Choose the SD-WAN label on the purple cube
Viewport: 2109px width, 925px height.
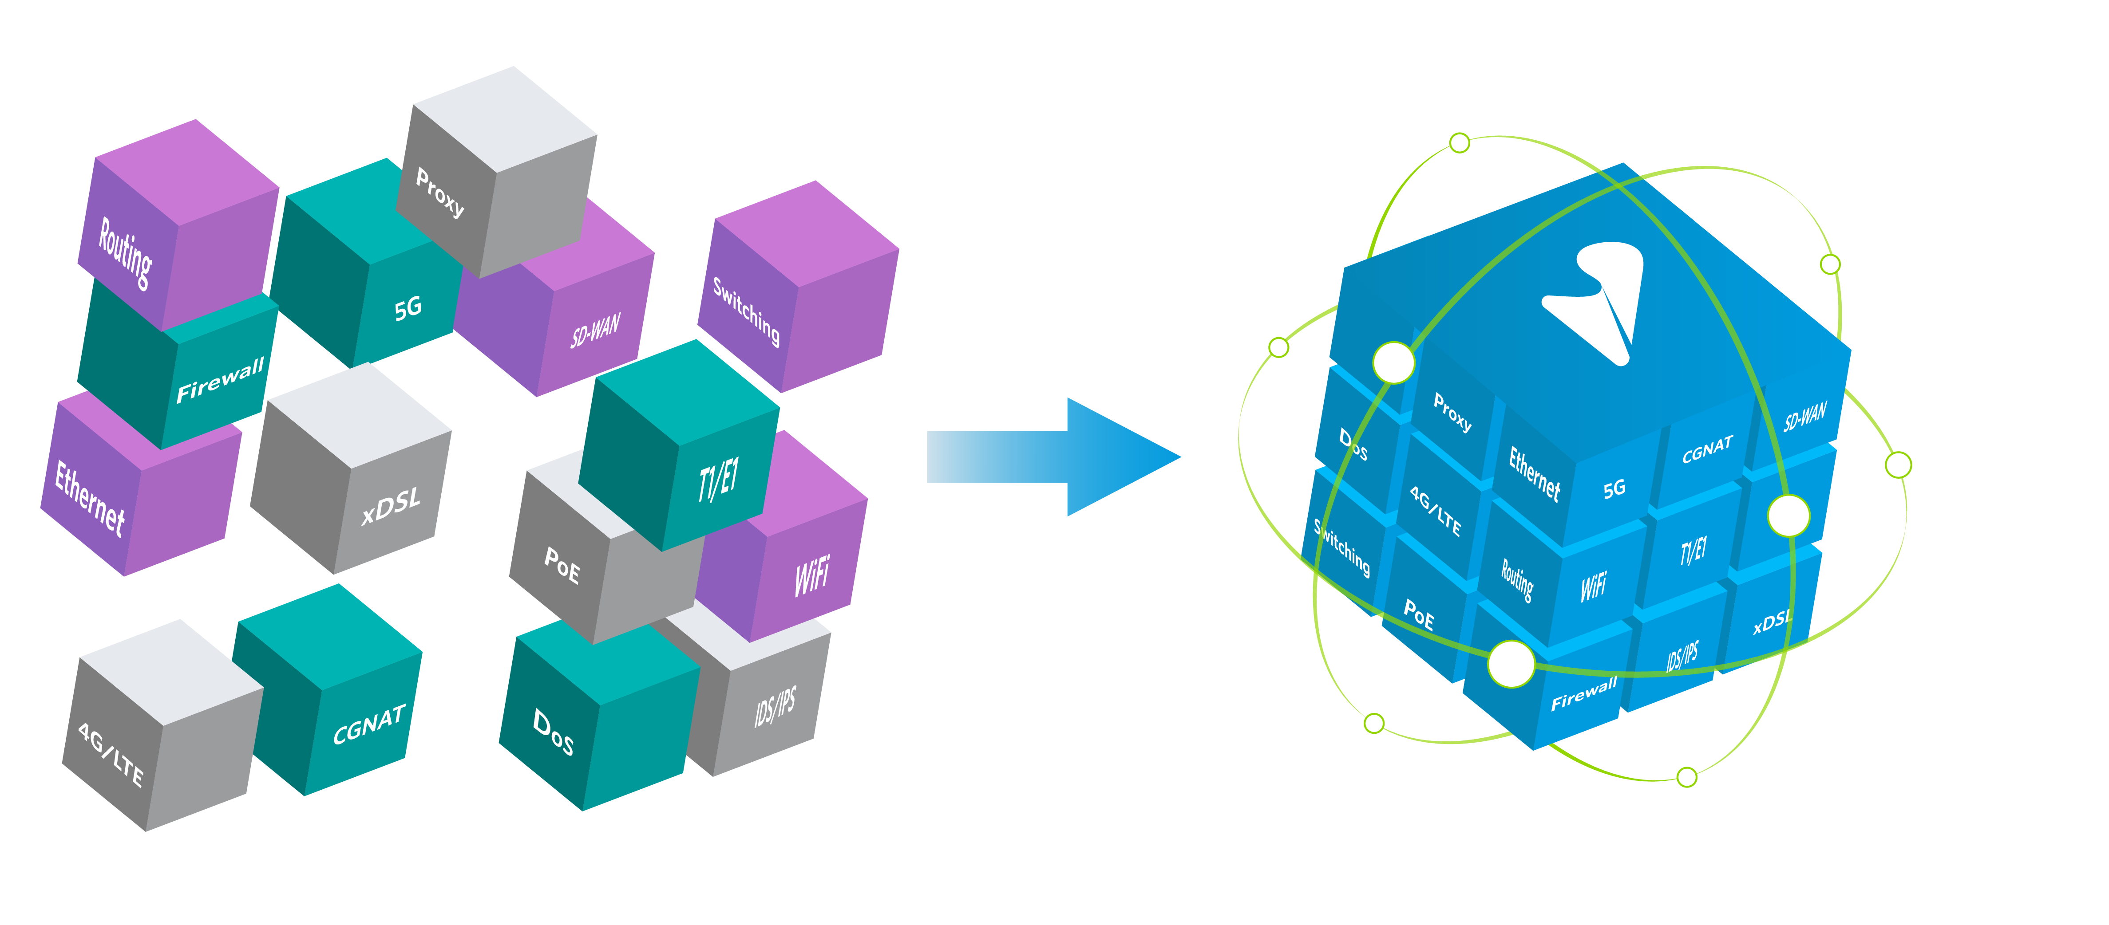[595, 330]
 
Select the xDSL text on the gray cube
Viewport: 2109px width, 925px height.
[392, 504]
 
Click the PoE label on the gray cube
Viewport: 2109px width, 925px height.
[562, 565]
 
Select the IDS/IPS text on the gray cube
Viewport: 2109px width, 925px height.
[775, 706]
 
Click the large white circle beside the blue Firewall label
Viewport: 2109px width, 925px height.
[1511, 664]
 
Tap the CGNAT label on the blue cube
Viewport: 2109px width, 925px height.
[1707, 449]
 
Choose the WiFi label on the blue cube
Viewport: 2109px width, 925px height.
[1593, 586]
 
